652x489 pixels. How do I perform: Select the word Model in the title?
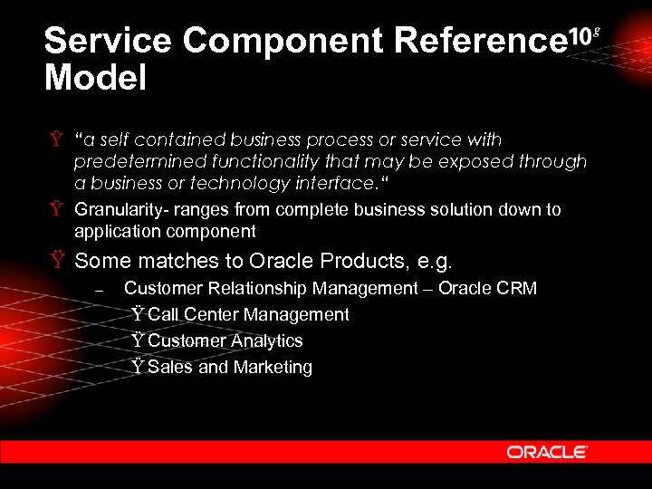pyautogui.click(x=95, y=78)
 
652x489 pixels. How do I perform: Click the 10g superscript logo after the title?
pyautogui.click(x=582, y=35)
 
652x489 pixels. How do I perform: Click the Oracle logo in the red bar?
pyautogui.click(x=547, y=451)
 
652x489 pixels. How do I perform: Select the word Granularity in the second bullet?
pyautogui.click(x=113, y=209)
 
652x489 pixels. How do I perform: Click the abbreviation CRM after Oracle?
pyautogui.click(x=517, y=288)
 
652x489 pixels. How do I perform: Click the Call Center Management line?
pyautogui.click(x=247, y=314)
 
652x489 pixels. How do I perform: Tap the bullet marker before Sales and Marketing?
pyautogui.click(x=138, y=367)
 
